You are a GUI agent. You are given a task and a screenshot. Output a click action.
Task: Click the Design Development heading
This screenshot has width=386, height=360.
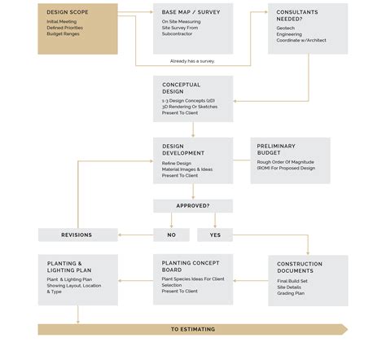click(x=183, y=150)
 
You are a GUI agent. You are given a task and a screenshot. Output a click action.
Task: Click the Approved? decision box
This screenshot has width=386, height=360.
click(x=192, y=206)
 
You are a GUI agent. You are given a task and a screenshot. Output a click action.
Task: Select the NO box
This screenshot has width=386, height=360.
click(x=171, y=235)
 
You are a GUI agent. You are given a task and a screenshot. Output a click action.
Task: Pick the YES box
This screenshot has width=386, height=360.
click(x=215, y=235)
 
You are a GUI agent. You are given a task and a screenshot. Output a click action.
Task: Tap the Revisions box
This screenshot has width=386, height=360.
click(x=77, y=235)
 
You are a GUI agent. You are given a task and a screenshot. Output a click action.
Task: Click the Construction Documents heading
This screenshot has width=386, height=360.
click(x=300, y=268)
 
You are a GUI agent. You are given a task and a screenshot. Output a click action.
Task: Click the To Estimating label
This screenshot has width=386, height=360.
click(x=192, y=329)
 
